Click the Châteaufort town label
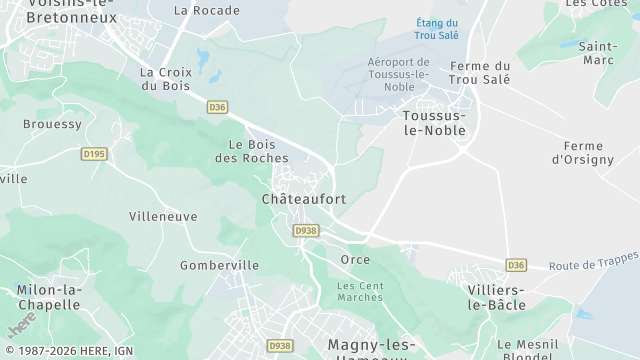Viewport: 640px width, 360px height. [x=303, y=199]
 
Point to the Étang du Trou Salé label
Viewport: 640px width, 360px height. [x=437, y=29]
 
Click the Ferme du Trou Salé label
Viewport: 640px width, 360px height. [x=480, y=73]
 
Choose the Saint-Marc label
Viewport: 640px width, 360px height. [x=597, y=53]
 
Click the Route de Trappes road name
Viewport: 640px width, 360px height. [x=594, y=263]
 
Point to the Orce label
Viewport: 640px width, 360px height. [x=355, y=260]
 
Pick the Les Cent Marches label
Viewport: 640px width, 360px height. [x=360, y=291]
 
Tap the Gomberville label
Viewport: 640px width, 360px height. [x=219, y=265]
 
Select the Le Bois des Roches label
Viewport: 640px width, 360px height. [x=252, y=151]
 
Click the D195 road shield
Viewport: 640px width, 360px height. [x=94, y=154]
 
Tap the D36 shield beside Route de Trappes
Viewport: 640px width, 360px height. [x=516, y=265]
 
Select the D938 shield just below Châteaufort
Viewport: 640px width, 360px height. [x=306, y=230]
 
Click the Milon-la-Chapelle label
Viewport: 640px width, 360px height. [x=48, y=297]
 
